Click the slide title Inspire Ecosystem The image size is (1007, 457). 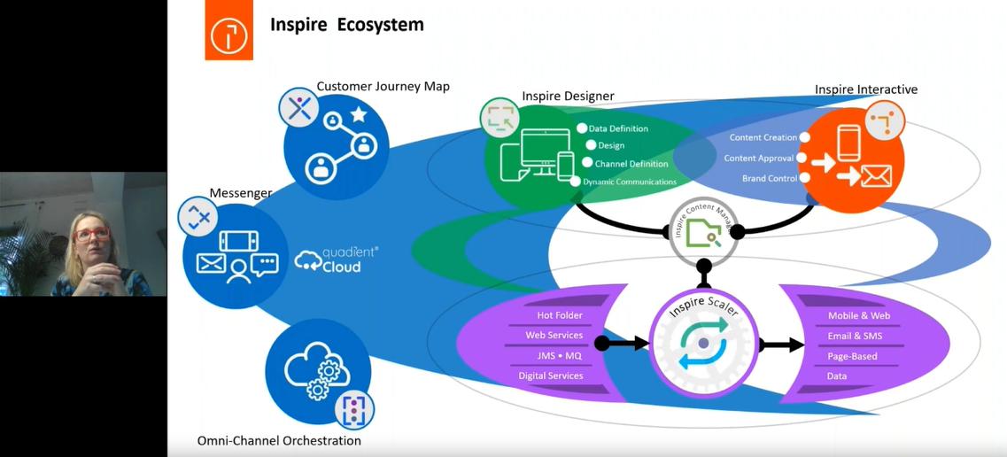point(347,25)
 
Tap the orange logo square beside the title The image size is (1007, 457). point(229,32)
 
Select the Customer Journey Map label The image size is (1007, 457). point(383,86)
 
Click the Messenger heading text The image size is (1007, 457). point(240,193)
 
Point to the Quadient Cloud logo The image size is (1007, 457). point(336,259)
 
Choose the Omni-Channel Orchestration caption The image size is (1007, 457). point(279,440)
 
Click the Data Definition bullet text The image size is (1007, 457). point(617,128)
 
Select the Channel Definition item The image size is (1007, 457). point(631,164)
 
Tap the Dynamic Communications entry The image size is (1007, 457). point(629,182)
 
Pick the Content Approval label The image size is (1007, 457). point(758,159)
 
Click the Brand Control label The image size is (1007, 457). point(769,178)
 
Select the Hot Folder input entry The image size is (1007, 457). point(560,315)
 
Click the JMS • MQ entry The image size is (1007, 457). point(559,356)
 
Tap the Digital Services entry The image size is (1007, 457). point(550,376)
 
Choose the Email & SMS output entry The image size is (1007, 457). point(855,336)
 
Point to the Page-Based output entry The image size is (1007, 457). point(852,356)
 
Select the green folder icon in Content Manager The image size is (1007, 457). point(703,233)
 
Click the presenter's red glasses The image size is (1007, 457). point(91,235)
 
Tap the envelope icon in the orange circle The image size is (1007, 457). point(875,176)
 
